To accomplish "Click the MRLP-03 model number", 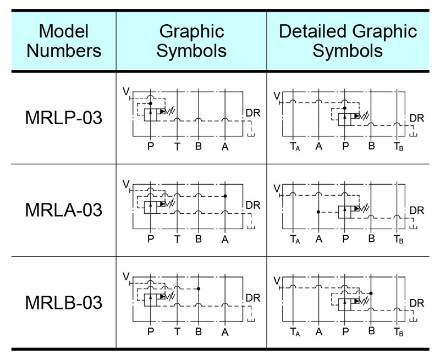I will [64, 118].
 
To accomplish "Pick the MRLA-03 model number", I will [64, 210].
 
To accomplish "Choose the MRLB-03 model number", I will [64, 302].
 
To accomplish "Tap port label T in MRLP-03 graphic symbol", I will [177, 147].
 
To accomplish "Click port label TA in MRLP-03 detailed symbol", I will [295, 147].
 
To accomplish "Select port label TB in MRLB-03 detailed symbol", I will [398, 332].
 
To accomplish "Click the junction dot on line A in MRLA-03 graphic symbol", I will [226, 196].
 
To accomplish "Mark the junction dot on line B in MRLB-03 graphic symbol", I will [198, 289].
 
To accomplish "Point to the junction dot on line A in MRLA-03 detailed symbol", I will [318, 212].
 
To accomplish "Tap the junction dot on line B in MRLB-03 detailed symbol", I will [372, 293].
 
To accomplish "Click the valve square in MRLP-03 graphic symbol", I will [151, 114].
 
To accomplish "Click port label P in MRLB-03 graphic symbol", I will [151, 331].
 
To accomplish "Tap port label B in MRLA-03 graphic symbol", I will [198, 239].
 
